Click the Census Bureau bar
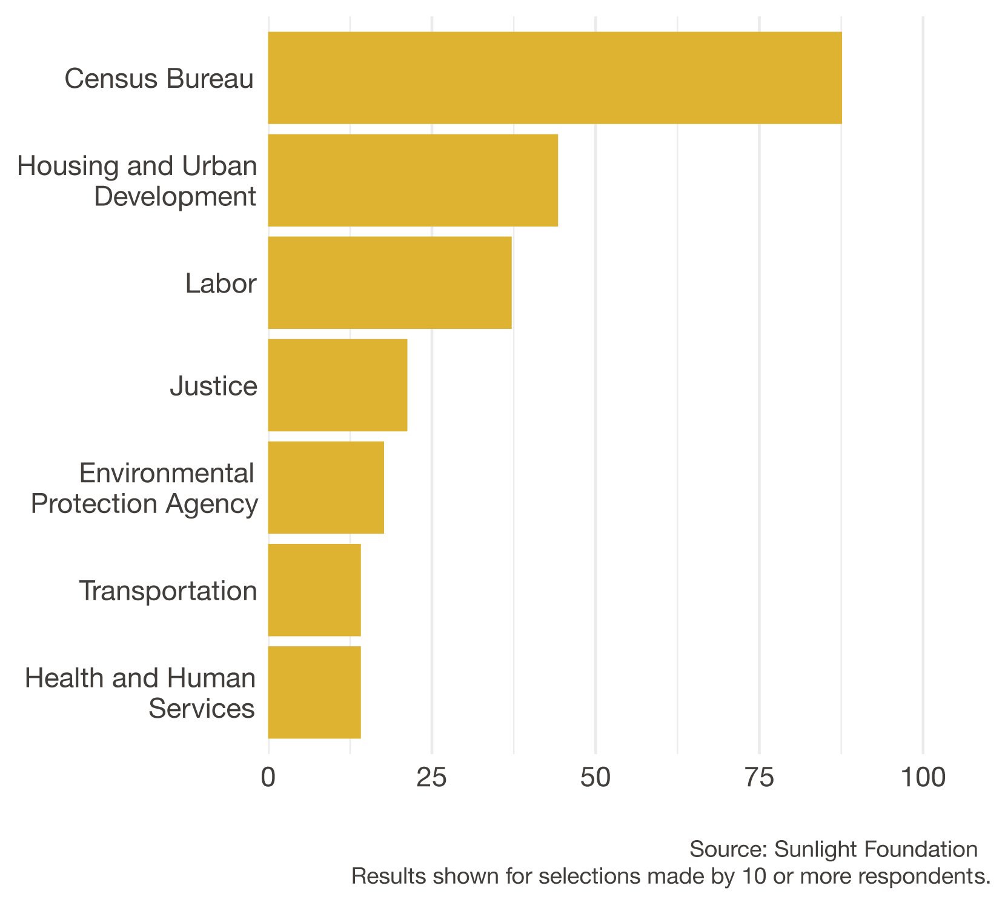tap(554, 78)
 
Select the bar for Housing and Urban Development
tap(413, 180)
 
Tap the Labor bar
tap(390, 283)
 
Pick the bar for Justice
tap(337, 385)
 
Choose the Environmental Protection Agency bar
tap(326, 488)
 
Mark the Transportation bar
tap(314, 590)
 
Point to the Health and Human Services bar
tap(314, 692)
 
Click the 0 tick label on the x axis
tap(268, 778)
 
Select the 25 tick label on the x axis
tap(432, 778)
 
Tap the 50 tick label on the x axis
tap(595, 778)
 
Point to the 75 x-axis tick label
tap(759, 778)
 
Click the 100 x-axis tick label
tap(923, 778)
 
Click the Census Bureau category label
tap(159, 79)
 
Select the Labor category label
tap(221, 283)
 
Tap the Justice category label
tap(214, 386)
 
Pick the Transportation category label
tap(168, 591)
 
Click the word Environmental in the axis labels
tap(167, 473)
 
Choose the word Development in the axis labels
tap(176, 197)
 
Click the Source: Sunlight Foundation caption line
tap(833, 849)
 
